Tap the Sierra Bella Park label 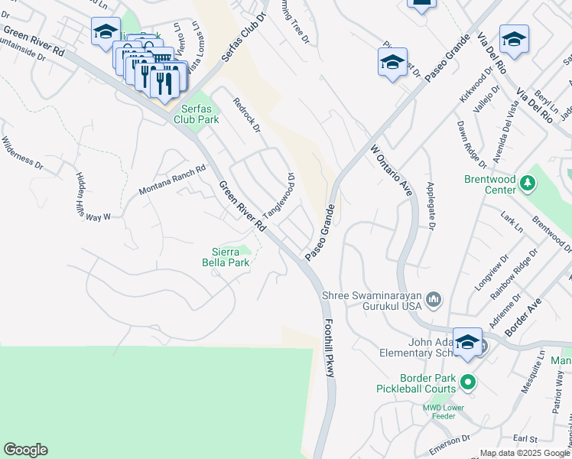[x=232, y=258]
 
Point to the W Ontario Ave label [x=392, y=171]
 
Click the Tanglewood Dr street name [x=279, y=194]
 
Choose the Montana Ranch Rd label [x=173, y=181]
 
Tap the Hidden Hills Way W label [x=93, y=197]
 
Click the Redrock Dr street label [x=247, y=114]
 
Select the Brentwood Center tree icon [x=527, y=184]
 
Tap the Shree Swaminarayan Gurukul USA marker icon [x=434, y=298]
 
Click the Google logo [x=25, y=450]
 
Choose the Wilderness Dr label [x=22, y=151]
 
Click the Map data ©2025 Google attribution [x=524, y=453]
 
